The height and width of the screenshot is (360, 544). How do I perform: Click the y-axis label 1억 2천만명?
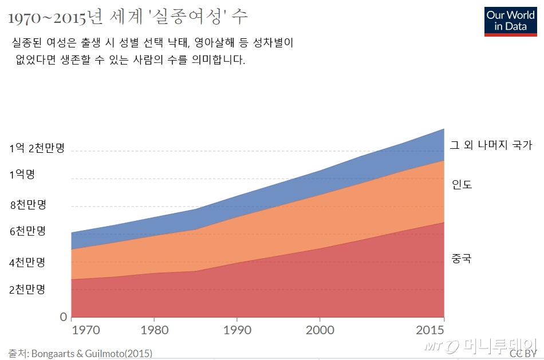tap(37, 148)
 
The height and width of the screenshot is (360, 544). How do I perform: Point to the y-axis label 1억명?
tap(22, 175)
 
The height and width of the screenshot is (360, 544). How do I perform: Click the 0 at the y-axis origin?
tap(64, 317)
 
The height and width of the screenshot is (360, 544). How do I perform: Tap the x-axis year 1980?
tap(155, 330)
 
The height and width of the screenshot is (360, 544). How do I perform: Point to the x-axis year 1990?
tap(237, 330)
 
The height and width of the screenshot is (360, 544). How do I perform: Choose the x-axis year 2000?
tap(320, 330)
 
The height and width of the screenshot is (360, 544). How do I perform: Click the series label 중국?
tap(461, 259)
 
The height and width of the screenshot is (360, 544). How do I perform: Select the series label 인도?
tap(462, 185)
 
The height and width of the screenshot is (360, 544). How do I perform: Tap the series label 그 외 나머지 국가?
tap(491, 145)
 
